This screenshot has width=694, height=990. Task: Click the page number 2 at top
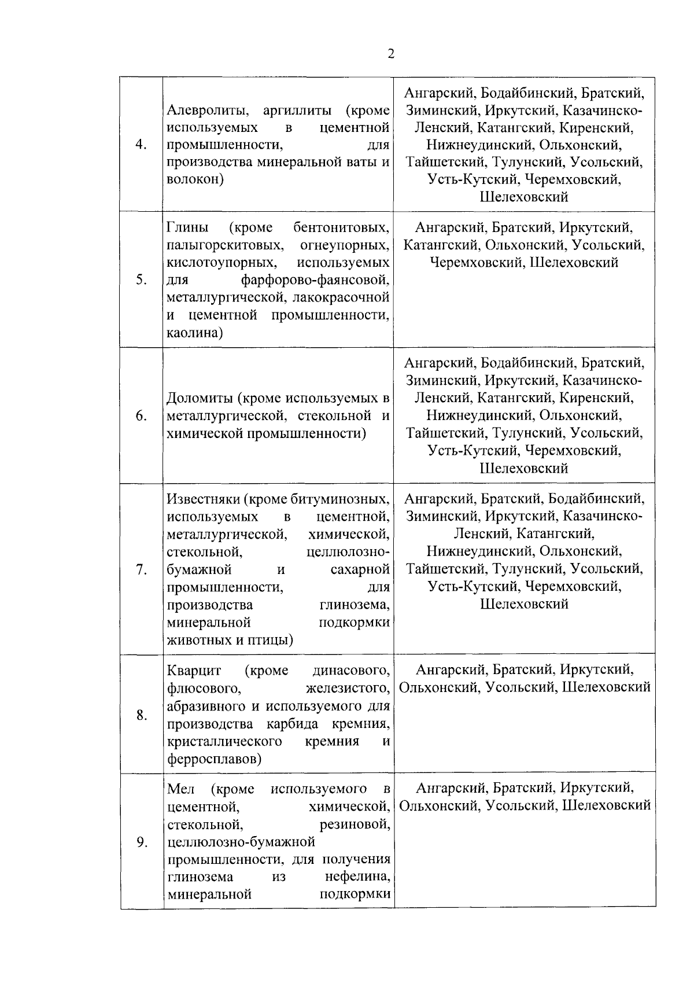coord(391,54)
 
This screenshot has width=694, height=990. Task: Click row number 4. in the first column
coord(141,145)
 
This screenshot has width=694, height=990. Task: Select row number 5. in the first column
coord(141,280)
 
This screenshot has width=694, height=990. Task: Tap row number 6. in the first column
coord(141,416)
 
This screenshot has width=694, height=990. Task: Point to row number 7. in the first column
coord(141,569)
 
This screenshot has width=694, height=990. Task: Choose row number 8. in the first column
coord(141,715)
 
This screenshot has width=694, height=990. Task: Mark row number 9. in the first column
coord(141,842)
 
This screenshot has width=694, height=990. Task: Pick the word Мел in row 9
coord(180,789)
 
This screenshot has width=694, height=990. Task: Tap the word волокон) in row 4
coord(195,179)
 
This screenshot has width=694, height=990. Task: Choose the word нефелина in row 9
coord(357,877)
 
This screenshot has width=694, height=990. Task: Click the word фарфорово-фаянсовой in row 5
coord(315,281)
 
